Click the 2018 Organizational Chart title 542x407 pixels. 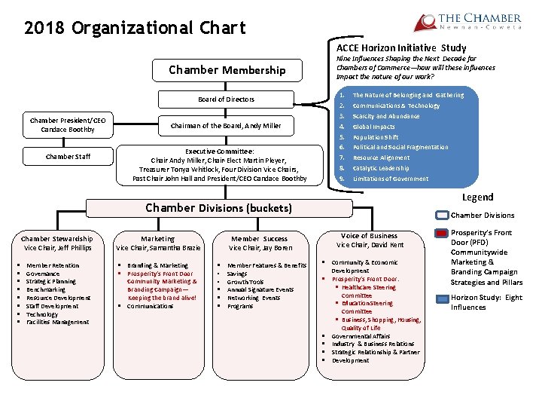tap(135, 29)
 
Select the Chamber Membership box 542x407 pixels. tap(227, 71)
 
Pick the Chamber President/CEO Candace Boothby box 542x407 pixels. tap(68, 125)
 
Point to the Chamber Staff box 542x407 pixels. tap(68, 157)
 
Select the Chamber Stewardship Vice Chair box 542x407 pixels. tap(57, 243)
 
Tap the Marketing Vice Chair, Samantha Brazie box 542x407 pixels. tap(158, 243)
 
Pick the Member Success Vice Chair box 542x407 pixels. tap(260, 243)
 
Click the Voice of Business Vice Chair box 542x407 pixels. tap(370, 240)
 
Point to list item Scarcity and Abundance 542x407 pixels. tap(386, 117)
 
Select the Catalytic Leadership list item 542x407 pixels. tap(381, 168)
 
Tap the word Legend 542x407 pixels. tap(477, 197)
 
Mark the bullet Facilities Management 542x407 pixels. tap(57, 323)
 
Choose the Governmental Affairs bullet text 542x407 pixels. tap(361, 336)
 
